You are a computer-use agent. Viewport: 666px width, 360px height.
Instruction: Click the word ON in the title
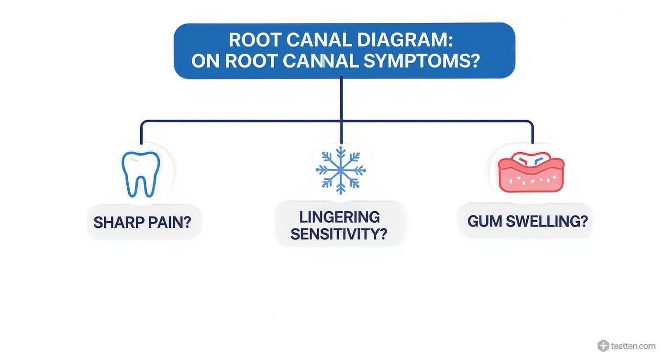[x=205, y=61]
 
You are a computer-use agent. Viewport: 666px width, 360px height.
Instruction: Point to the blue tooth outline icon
[x=141, y=174]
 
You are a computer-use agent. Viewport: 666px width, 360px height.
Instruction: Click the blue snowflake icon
[x=341, y=170]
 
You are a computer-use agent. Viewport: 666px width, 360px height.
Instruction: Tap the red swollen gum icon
[x=531, y=173]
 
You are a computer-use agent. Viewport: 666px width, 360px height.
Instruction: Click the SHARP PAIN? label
[x=142, y=222]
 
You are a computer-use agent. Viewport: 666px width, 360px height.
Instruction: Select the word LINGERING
[x=339, y=217]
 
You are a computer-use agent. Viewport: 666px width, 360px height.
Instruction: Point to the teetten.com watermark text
[x=633, y=346]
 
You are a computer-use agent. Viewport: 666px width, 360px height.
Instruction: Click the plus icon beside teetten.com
[x=603, y=345]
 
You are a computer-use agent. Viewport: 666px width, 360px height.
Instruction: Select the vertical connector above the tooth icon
[x=141, y=133]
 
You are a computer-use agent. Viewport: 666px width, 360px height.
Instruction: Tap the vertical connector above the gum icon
[x=533, y=133]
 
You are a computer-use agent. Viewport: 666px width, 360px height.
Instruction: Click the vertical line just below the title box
[x=341, y=96]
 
